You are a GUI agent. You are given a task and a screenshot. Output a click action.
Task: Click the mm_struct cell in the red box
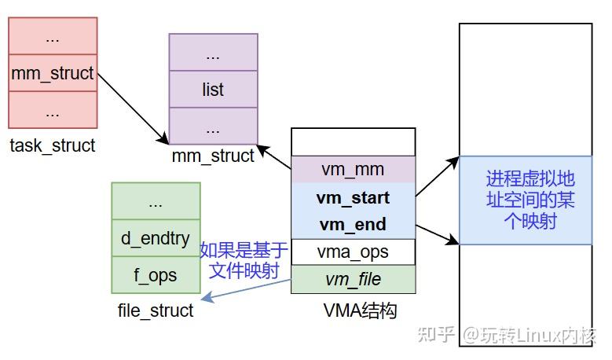point(53,74)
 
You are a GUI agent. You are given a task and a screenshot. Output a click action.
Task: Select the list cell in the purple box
point(213,90)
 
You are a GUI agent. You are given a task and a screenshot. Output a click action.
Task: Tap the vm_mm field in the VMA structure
point(353,170)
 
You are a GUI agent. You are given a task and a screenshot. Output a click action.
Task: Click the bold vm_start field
point(353,197)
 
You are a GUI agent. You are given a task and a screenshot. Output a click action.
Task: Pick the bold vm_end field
point(353,225)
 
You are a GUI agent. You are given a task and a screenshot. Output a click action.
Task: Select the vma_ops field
point(353,252)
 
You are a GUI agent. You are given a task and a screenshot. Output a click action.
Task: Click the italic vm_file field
point(353,279)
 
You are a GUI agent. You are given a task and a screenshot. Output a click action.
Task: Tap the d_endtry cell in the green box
point(156,238)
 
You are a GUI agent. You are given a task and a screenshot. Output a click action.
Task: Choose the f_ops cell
point(156,275)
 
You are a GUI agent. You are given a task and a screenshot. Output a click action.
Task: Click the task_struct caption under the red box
point(53,145)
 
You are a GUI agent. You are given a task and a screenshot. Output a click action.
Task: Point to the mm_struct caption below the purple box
point(213,156)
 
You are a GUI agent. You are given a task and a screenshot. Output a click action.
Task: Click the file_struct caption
point(156,310)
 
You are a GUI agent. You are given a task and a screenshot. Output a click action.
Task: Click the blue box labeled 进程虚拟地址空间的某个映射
point(526,200)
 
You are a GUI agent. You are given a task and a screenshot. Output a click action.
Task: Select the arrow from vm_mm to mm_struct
point(274,156)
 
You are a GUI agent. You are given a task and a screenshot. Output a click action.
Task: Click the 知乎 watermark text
point(438,335)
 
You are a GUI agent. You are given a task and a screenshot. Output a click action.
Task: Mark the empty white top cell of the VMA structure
point(353,142)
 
